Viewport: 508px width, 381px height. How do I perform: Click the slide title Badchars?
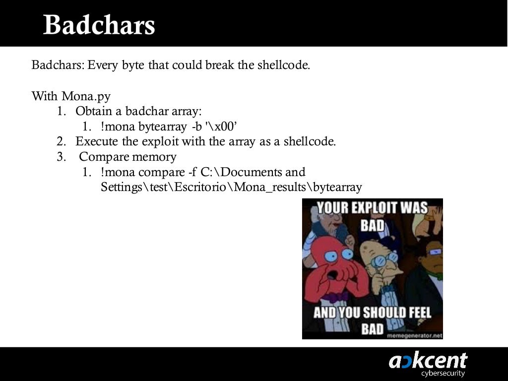(99, 25)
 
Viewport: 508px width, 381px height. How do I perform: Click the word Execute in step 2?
(97, 141)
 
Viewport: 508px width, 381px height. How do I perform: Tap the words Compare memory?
(127, 157)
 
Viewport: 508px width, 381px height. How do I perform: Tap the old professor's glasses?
(385, 259)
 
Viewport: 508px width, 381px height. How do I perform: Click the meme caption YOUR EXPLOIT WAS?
(372, 207)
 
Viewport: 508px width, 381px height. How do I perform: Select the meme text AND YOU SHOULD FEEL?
(372, 313)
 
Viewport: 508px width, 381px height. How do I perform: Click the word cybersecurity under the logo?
(443, 373)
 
